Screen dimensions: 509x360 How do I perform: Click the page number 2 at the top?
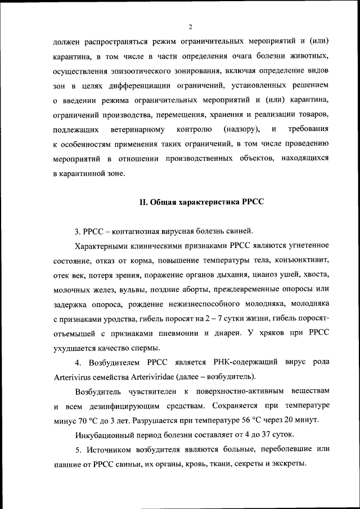pyautogui.click(x=191, y=26)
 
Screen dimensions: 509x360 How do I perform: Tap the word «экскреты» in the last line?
pyautogui.click(x=287, y=464)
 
